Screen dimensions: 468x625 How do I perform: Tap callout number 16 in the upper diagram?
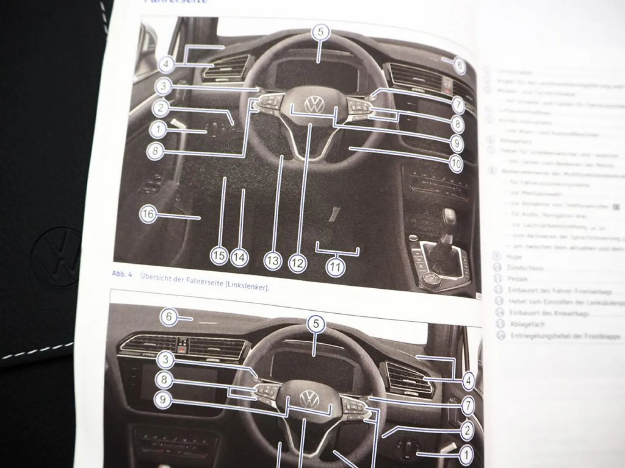[147, 215]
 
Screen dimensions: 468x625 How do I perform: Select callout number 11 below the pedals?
[336, 266]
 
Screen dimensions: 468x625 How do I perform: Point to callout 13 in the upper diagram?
[272, 261]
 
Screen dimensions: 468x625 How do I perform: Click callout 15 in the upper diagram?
[219, 256]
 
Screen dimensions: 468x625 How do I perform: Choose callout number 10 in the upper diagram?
[456, 163]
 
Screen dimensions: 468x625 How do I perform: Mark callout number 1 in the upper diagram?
[158, 129]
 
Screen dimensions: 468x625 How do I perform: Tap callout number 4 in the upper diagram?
[166, 64]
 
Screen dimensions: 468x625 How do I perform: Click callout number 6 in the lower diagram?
[169, 317]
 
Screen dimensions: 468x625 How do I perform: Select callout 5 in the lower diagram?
[316, 324]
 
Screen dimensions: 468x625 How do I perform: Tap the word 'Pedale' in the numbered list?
[518, 279]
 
